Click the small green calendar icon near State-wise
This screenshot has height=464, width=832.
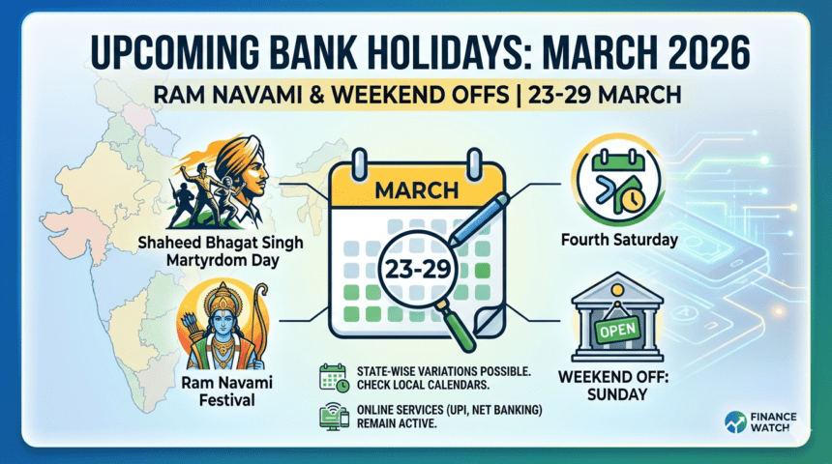(x=334, y=376)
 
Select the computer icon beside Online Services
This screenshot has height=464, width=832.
(x=334, y=417)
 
